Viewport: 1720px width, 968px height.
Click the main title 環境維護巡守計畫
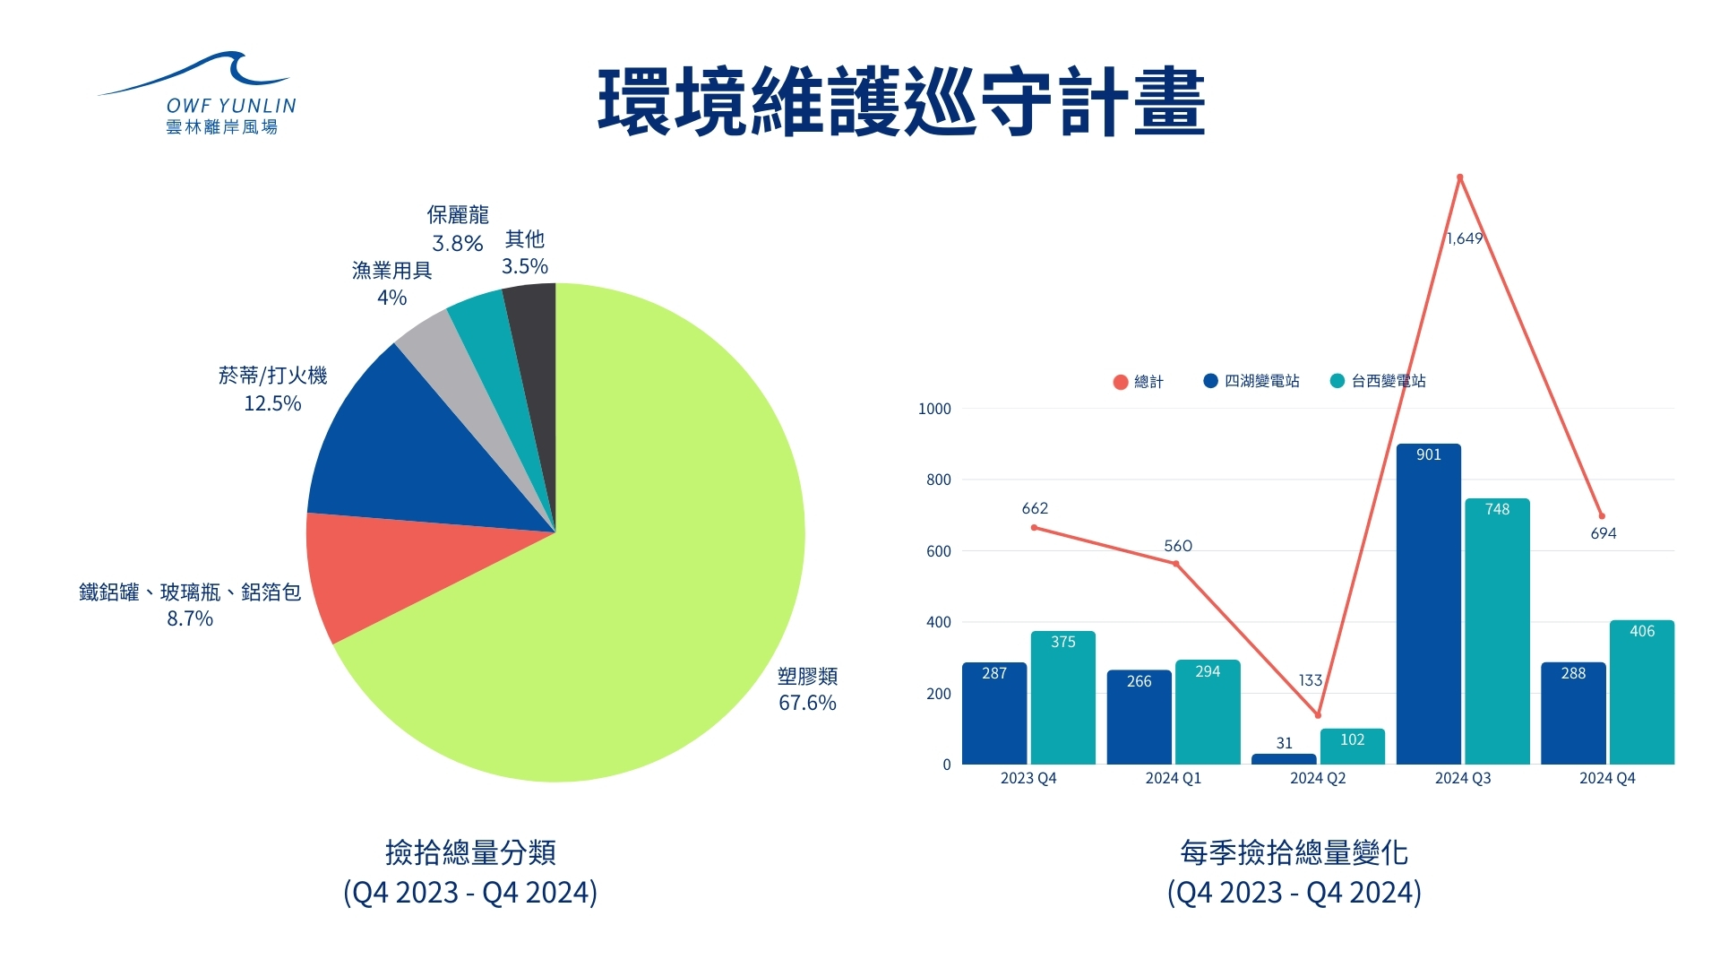tap(901, 102)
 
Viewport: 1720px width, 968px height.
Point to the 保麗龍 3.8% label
tap(458, 229)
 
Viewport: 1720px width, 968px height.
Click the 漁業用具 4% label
tap(391, 283)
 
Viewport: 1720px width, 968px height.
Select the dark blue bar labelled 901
tap(1428, 609)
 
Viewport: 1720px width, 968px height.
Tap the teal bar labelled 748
tap(1497, 636)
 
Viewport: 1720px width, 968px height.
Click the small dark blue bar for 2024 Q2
tap(1284, 759)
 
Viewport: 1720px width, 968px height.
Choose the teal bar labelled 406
tap(1641, 695)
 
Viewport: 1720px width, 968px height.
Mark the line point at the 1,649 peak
tap(1460, 177)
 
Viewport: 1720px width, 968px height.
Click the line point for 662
tap(1034, 528)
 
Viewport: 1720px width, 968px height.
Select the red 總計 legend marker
tap(1120, 382)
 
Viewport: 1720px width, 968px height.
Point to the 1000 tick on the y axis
tap(934, 409)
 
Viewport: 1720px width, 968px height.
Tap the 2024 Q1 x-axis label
tap(1173, 778)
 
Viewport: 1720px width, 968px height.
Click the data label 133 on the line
tap(1310, 680)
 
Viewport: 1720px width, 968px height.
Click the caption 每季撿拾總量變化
tap(1294, 852)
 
